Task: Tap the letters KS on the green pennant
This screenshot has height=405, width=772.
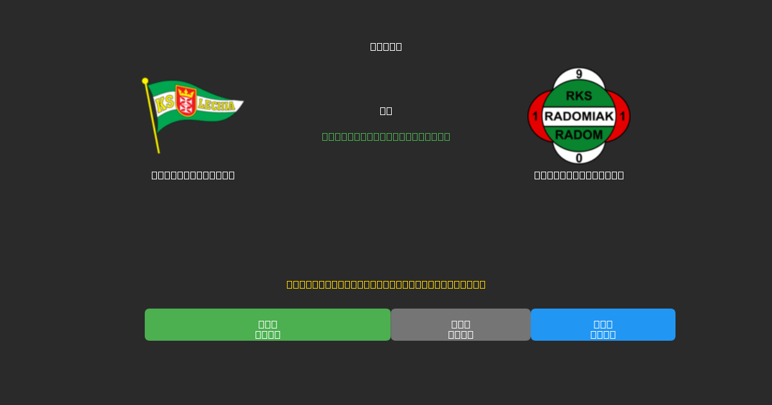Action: pos(164,104)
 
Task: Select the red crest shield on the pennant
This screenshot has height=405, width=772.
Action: pos(186,101)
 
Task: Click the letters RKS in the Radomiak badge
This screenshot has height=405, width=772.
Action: pos(579,96)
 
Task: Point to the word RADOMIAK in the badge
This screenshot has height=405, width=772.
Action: pos(579,116)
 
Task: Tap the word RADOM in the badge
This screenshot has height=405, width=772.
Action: pos(579,135)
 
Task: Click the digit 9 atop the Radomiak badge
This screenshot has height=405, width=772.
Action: pos(579,75)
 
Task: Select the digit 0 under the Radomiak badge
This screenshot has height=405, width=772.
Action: pos(579,157)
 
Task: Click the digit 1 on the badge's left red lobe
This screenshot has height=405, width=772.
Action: pos(535,116)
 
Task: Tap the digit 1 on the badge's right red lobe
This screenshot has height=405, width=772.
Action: pos(623,116)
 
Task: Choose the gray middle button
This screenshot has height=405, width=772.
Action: pos(461,325)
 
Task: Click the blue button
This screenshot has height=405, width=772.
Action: pos(603,325)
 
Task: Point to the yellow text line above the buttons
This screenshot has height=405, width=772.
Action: pos(386,284)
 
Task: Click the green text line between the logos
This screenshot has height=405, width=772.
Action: pos(386,136)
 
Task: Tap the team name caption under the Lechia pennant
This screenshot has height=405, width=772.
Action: pos(193,175)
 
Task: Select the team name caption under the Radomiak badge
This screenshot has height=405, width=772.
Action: pos(579,175)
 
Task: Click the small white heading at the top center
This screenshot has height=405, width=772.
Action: pos(386,46)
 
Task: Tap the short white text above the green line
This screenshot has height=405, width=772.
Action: pos(386,111)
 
